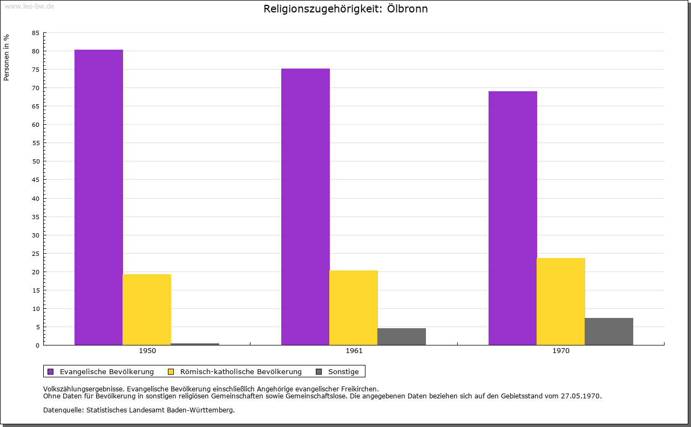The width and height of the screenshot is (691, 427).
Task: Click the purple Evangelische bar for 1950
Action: click(x=99, y=197)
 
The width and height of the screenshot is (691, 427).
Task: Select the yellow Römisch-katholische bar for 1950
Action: click(x=147, y=309)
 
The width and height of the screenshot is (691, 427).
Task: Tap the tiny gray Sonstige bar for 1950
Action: click(x=195, y=344)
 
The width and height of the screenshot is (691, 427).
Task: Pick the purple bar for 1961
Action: click(x=306, y=207)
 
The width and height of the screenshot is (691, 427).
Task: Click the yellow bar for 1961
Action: click(x=354, y=308)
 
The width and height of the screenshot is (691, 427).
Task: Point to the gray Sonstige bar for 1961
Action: click(x=402, y=336)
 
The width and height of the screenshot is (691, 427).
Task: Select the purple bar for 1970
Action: click(x=513, y=218)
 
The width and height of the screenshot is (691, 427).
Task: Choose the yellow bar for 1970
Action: click(x=561, y=301)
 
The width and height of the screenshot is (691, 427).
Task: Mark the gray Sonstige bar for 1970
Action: click(x=609, y=331)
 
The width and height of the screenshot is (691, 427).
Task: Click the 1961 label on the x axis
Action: click(x=354, y=351)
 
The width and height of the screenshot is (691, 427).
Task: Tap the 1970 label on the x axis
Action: click(x=561, y=351)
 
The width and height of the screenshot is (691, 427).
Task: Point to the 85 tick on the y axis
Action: click(x=35, y=33)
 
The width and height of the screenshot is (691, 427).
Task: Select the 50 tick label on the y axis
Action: click(x=35, y=161)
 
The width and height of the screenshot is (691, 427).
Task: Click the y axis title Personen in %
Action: click(x=6, y=57)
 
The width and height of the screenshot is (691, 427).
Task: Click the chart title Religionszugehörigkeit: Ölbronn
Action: click(x=345, y=9)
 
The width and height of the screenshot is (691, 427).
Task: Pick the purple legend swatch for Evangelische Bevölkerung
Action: click(x=51, y=371)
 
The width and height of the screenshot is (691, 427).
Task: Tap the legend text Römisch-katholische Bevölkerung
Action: click(x=241, y=371)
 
